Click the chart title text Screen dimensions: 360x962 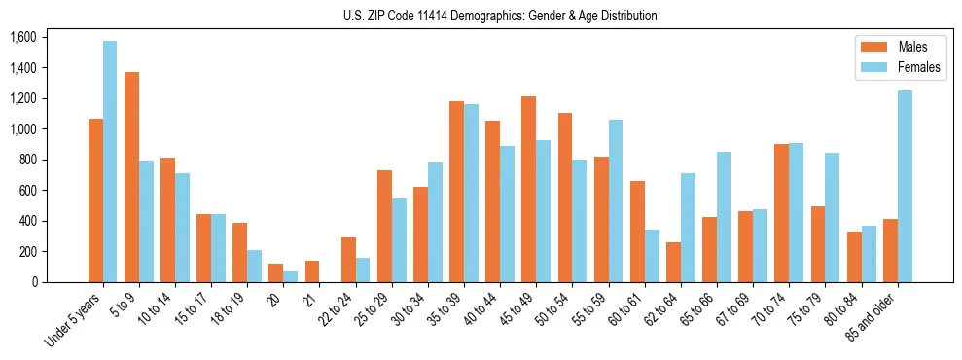[500, 16]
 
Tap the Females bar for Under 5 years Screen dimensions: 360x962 [110, 162]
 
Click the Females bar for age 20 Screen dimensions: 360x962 [290, 276]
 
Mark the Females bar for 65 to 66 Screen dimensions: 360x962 [724, 217]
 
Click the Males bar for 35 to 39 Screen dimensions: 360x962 [456, 192]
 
